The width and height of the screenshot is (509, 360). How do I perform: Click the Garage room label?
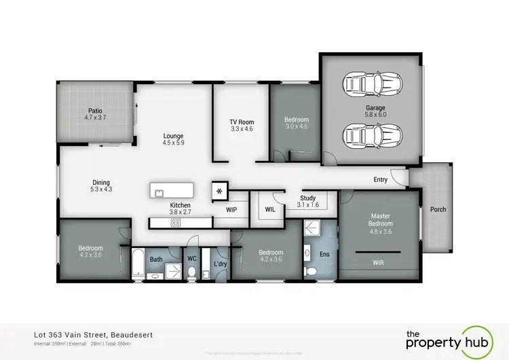tap(375, 107)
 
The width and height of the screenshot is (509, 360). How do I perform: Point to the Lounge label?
tap(174, 135)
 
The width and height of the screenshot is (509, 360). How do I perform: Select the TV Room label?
tap(241, 122)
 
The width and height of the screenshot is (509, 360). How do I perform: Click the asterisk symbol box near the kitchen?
tap(219, 191)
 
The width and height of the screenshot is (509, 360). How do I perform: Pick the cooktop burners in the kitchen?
tap(175, 222)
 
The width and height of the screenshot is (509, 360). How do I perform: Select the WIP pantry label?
tap(230, 210)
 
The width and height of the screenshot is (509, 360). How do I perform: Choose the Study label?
tap(308, 198)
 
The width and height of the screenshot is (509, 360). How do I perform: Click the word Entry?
tap(381, 180)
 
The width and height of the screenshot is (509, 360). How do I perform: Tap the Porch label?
tap(438, 209)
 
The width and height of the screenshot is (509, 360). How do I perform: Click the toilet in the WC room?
tap(193, 272)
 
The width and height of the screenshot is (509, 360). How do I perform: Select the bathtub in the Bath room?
tap(137, 264)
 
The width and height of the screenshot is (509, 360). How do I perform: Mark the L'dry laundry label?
tap(220, 263)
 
